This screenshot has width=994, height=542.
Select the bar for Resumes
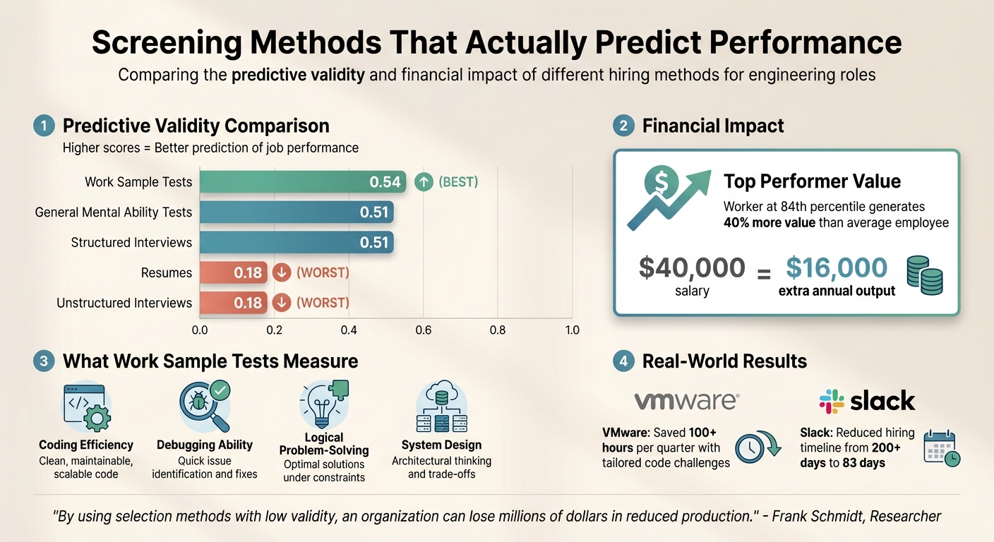(233, 272)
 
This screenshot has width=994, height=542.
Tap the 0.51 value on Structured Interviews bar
(374, 243)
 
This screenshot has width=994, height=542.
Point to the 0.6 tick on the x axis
(423, 330)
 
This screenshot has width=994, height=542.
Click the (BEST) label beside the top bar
(458, 182)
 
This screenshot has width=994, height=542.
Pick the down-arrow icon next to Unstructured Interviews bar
(281, 303)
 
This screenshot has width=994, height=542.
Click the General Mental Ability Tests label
(114, 212)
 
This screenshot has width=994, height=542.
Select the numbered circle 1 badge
(44, 126)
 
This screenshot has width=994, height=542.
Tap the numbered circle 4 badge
(623, 361)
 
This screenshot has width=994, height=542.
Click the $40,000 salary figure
(691, 268)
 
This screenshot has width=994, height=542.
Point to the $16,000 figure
(837, 268)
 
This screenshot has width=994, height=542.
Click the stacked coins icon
(925, 275)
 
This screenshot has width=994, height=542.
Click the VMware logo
(686, 402)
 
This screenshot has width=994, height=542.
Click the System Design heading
(441, 445)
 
